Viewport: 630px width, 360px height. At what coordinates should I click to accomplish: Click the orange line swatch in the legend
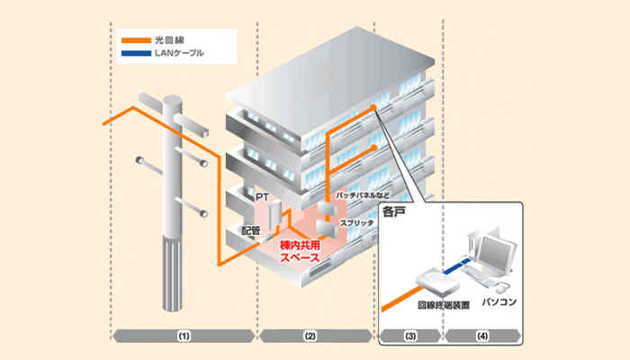[x=132, y=40]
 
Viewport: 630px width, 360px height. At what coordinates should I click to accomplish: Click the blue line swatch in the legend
[x=132, y=54]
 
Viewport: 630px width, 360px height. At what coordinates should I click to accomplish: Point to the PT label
[x=262, y=195]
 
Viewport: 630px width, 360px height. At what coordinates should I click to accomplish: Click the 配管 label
[x=251, y=230]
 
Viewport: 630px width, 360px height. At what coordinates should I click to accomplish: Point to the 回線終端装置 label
[x=441, y=305]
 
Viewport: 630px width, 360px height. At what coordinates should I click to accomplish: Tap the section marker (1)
[x=183, y=336]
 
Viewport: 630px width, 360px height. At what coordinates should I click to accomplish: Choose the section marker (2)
[x=310, y=336]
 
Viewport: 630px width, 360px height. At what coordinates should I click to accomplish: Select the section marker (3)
[x=409, y=336]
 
